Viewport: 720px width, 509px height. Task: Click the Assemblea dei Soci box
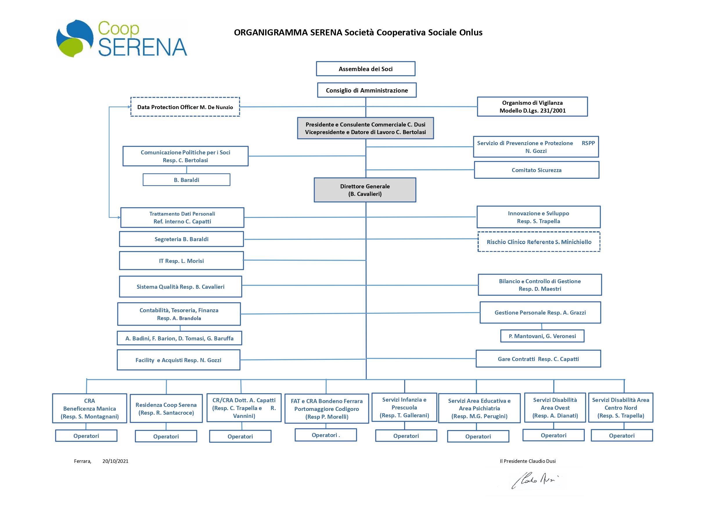366,69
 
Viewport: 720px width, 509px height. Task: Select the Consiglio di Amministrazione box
367,90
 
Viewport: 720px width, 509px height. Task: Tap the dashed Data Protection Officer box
185,107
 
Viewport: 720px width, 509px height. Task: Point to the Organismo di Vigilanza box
532,107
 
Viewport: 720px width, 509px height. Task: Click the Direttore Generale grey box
365,190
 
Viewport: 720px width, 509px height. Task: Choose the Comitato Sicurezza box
537,170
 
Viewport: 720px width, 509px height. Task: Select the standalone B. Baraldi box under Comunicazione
187,180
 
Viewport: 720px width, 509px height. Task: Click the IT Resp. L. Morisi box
181,261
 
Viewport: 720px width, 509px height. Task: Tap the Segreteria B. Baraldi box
181,239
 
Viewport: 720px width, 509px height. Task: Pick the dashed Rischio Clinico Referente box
539,242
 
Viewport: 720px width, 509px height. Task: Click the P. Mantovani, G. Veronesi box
542,336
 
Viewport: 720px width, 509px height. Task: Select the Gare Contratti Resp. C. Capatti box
538,359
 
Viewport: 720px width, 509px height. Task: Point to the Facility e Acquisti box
179,360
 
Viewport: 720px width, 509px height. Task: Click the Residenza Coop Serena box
166,409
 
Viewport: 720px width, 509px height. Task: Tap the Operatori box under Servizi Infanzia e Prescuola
406,436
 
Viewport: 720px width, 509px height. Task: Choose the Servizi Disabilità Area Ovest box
555,408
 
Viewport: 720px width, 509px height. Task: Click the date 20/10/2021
115,461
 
